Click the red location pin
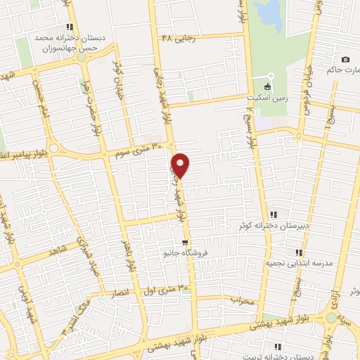(181, 165)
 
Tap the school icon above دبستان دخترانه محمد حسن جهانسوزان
(70, 26)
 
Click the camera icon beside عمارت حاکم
(345, 59)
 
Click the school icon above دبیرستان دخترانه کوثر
(274, 215)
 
